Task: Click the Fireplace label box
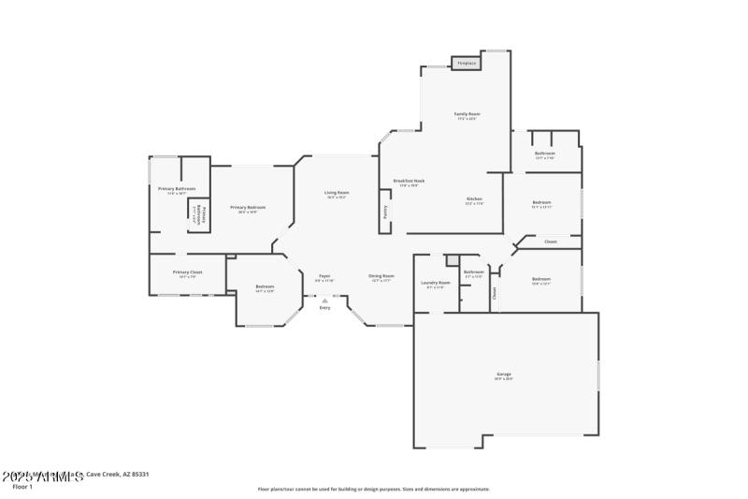click(x=466, y=64)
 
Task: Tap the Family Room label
click(x=467, y=114)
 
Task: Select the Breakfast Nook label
click(x=409, y=180)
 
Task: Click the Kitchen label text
click(x=474, y=198)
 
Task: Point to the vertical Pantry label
click(x=384, y=213)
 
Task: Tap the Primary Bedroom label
click(x=248, y=207)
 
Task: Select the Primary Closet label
click(x=187, y=272)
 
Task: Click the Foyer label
click(x=324, y=276)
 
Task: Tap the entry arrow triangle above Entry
click(x=324, y=300)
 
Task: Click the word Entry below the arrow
click(x=324, y=307)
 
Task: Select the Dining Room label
click(x=381, y=276)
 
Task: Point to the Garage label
click(x=504, y=374)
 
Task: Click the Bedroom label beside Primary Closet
click(x=265, y=286)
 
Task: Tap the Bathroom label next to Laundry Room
click(x=473, y=272)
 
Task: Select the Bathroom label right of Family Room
click(x=544, y=153)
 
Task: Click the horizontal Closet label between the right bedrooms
click(x=551, y=242)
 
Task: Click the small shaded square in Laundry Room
click(x=452, y=260)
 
